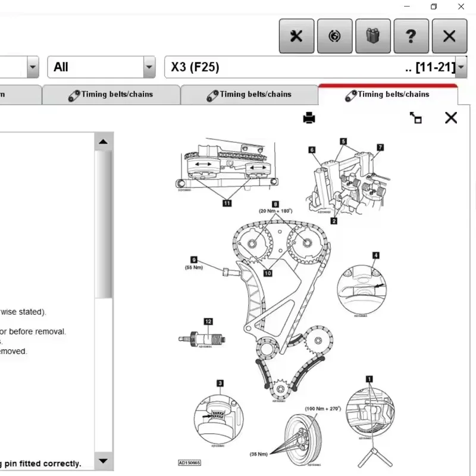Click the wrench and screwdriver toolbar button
tap(296, 36)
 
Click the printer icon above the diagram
tap(309, 118)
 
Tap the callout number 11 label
tap(227, 203)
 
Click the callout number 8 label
tap(275, 204)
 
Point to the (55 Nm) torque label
tap(194, 267)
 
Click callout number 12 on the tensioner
tap(208, 321)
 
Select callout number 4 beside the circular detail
tap(375, 256)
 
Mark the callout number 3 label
tap(220, 383)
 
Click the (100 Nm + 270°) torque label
tap(322, 409)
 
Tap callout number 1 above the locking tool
tap(369, 378)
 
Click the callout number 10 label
tap(268, 273)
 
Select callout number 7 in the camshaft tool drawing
tap(380, 147)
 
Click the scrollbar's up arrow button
tap(103, 142)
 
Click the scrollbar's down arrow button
tap(103, 461)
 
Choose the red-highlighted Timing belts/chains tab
tap(387, 95)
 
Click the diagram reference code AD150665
tap(189, 462)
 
